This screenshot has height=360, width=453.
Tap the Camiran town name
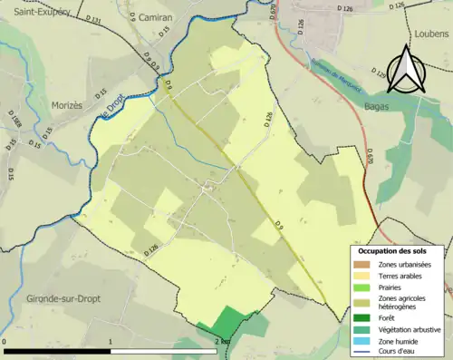156,17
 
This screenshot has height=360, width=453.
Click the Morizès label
66,105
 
